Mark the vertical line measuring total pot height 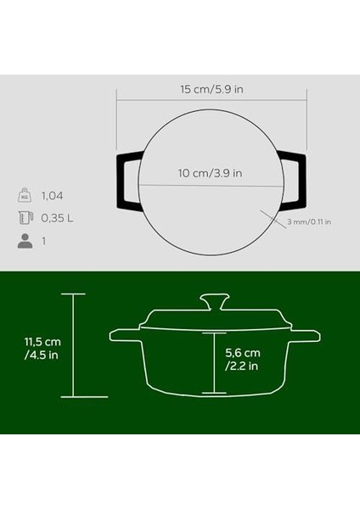pos(74,345)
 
